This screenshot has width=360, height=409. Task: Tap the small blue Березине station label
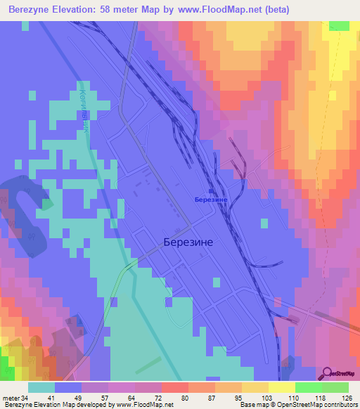(210, 200)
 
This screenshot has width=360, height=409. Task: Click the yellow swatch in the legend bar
(282, 387)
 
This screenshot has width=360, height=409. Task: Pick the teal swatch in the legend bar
(41, 387)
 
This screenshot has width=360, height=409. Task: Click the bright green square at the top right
(339, 26)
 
